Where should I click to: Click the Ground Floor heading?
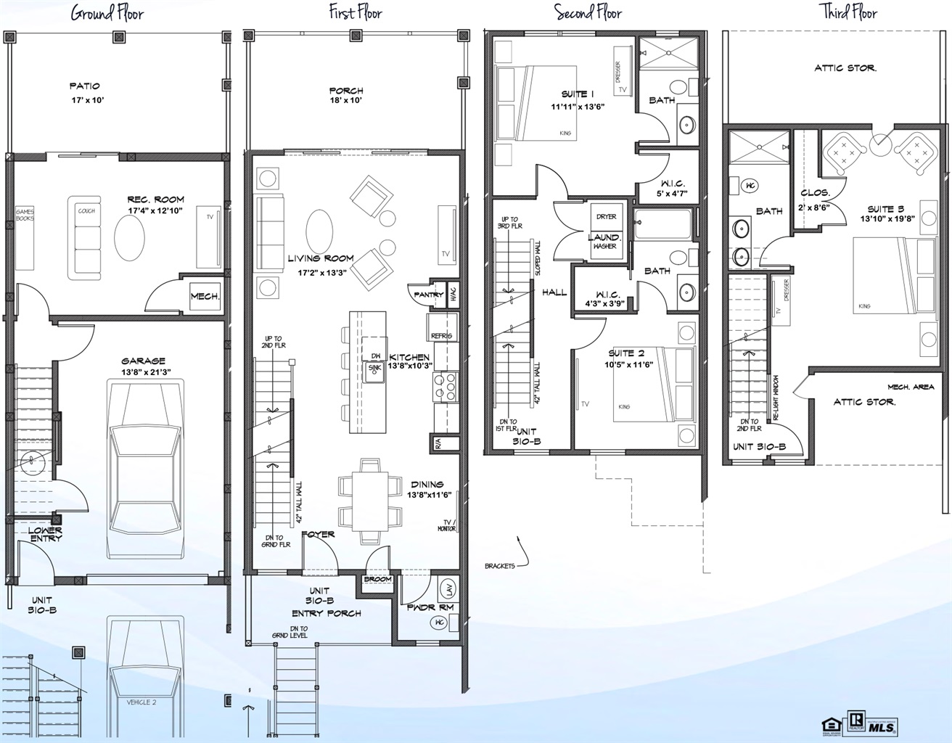[107, 14]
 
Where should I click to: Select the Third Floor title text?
[848, 12]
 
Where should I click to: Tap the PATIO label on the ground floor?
[85, 86]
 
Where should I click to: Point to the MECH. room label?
[205, 297]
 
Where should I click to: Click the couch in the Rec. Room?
[86, 237]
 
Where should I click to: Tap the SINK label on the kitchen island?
[374, 368]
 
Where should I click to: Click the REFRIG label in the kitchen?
[441, 336]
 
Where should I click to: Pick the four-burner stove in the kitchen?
[445, 386]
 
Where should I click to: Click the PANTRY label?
[428, 295]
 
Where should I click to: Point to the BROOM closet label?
[377, 579]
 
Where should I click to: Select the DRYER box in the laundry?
[606, 216]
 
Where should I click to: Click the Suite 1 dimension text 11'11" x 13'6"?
[578, 107]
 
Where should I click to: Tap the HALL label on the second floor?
[554, 292]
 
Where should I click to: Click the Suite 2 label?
[626, 353]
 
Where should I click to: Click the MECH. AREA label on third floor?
[911, 387]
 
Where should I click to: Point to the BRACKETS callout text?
[500, 565]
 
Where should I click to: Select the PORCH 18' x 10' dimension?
[346, 101]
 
